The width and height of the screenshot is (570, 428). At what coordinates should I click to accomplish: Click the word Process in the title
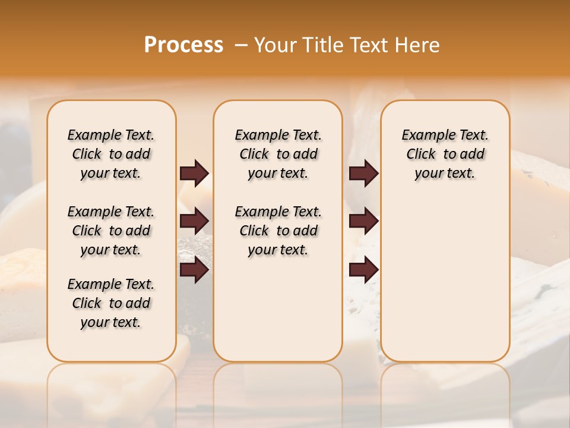pyautogui.click(x=183, y=45)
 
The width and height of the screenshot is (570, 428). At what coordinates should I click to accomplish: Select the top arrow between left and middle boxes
pyautogui.click(x=194, y=173)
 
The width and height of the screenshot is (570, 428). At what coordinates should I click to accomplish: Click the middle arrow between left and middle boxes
pyautogui.click(x=194, y=221)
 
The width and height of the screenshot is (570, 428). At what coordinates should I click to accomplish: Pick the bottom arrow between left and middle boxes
pyautogui.click(x=194, y=270)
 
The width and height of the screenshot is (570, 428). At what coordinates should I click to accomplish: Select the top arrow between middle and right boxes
pyautogui.click(x=363, y=173)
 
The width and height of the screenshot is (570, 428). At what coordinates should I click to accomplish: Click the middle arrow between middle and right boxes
pyautogui.click(x=363, y=221)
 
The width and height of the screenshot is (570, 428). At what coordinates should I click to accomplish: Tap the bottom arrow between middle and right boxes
pyautogui.click(x=363, y=270)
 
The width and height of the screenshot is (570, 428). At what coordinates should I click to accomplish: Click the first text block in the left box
pyautogui.click(x=111, y=154)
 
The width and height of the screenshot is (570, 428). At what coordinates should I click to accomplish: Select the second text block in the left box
pyautogui.click(x=111, y=231)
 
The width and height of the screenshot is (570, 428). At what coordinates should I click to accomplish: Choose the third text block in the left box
pyautogui.click(x=111, y=303)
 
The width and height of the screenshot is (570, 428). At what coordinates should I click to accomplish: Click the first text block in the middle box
pyautogui.click(x=278, y=154)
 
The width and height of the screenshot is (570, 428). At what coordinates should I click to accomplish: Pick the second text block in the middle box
pyautogui.click(x=278, y=231)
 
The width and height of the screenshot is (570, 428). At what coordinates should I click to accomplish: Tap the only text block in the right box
pyautogui.click(x=445, y=154)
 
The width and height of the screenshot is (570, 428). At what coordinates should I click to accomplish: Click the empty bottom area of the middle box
pyautogui.click(x=278, y=315)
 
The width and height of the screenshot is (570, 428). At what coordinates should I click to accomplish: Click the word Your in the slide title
pyautogui.click(x=275, y=45)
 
